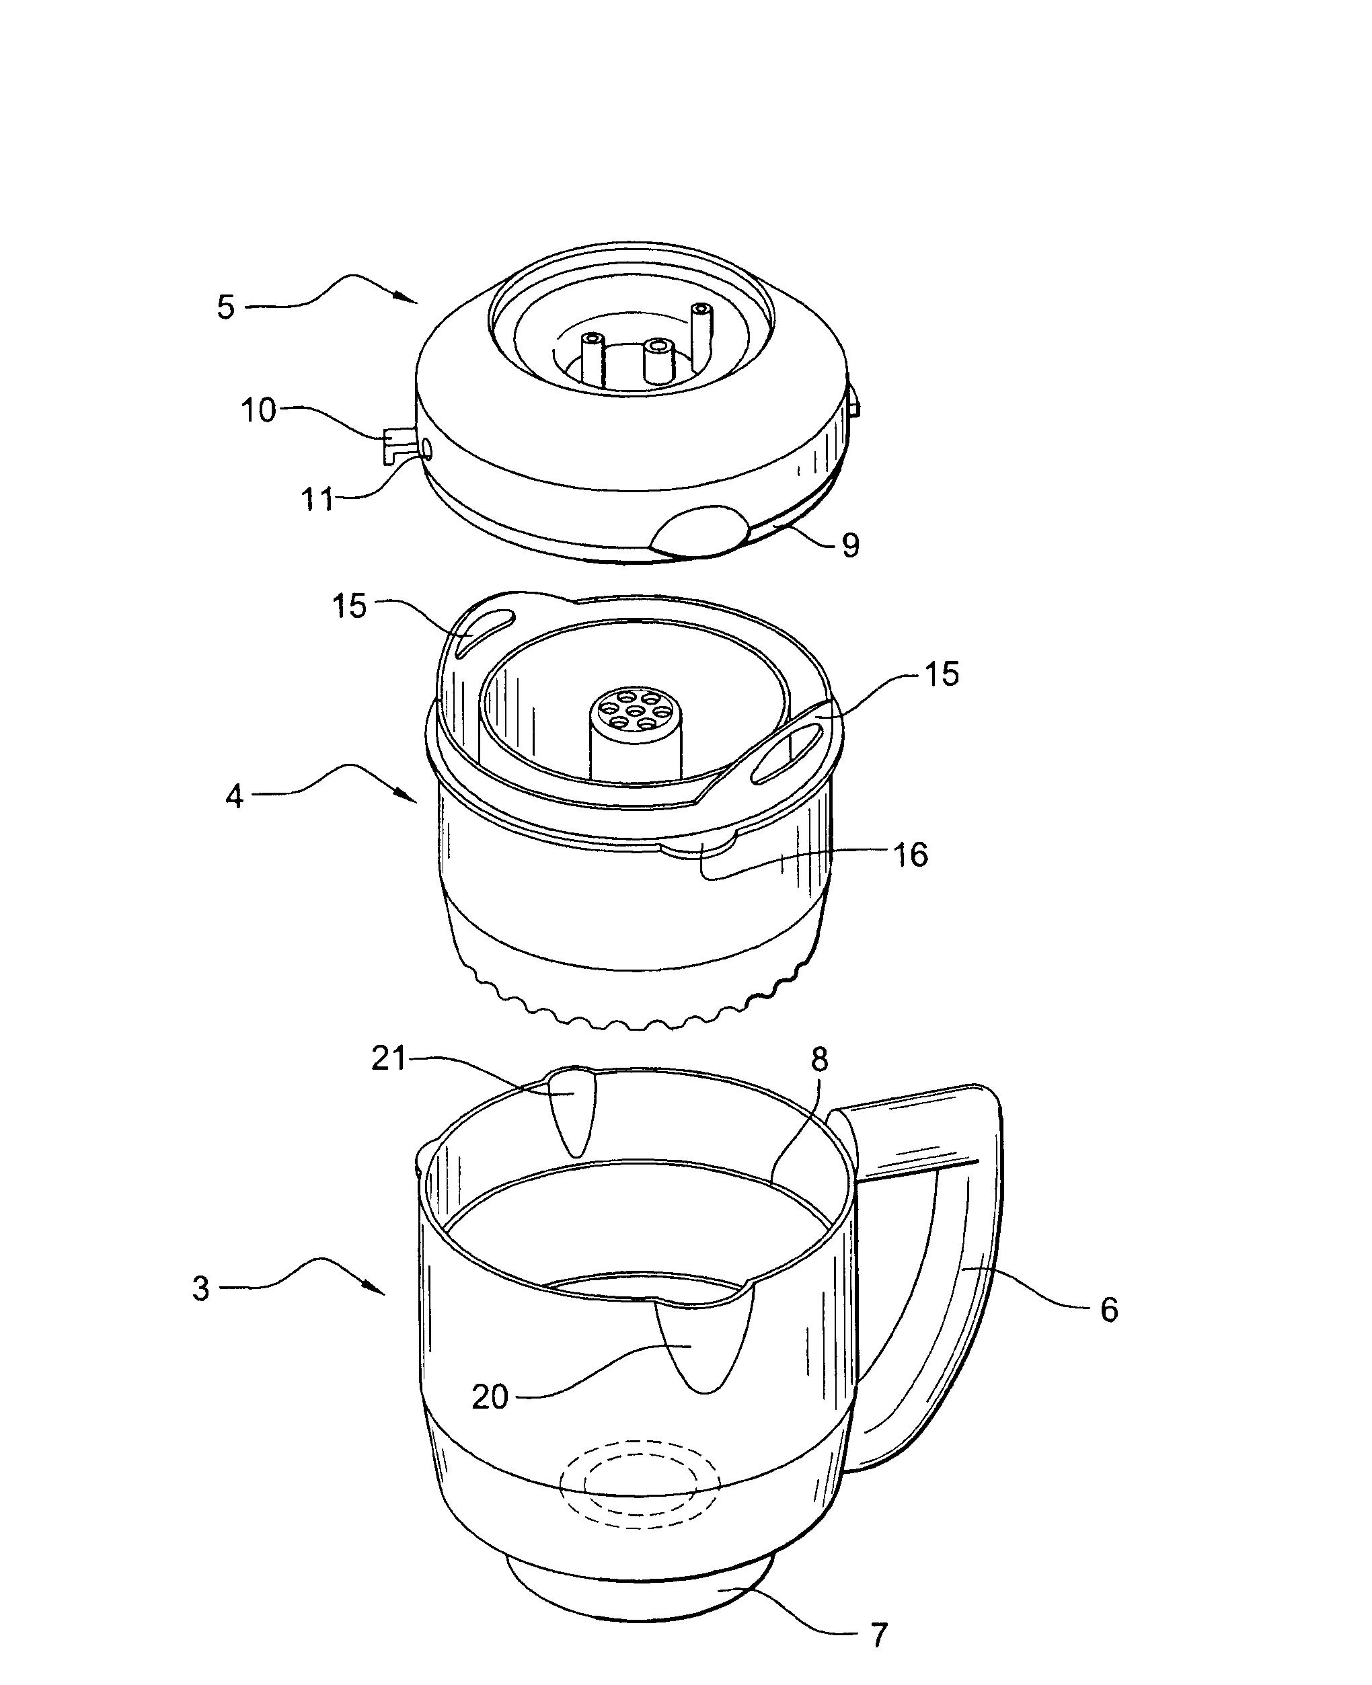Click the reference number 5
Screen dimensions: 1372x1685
click(x=226, y=307)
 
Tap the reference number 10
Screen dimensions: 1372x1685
click(x=258, y=410)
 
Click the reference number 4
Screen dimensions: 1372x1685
click(x=234, y=796)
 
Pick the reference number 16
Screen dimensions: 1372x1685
click(x=911, y=855)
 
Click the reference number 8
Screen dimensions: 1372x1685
click(x=820, y=1060)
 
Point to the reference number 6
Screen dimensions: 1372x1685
click(x=1110, y=1310)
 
